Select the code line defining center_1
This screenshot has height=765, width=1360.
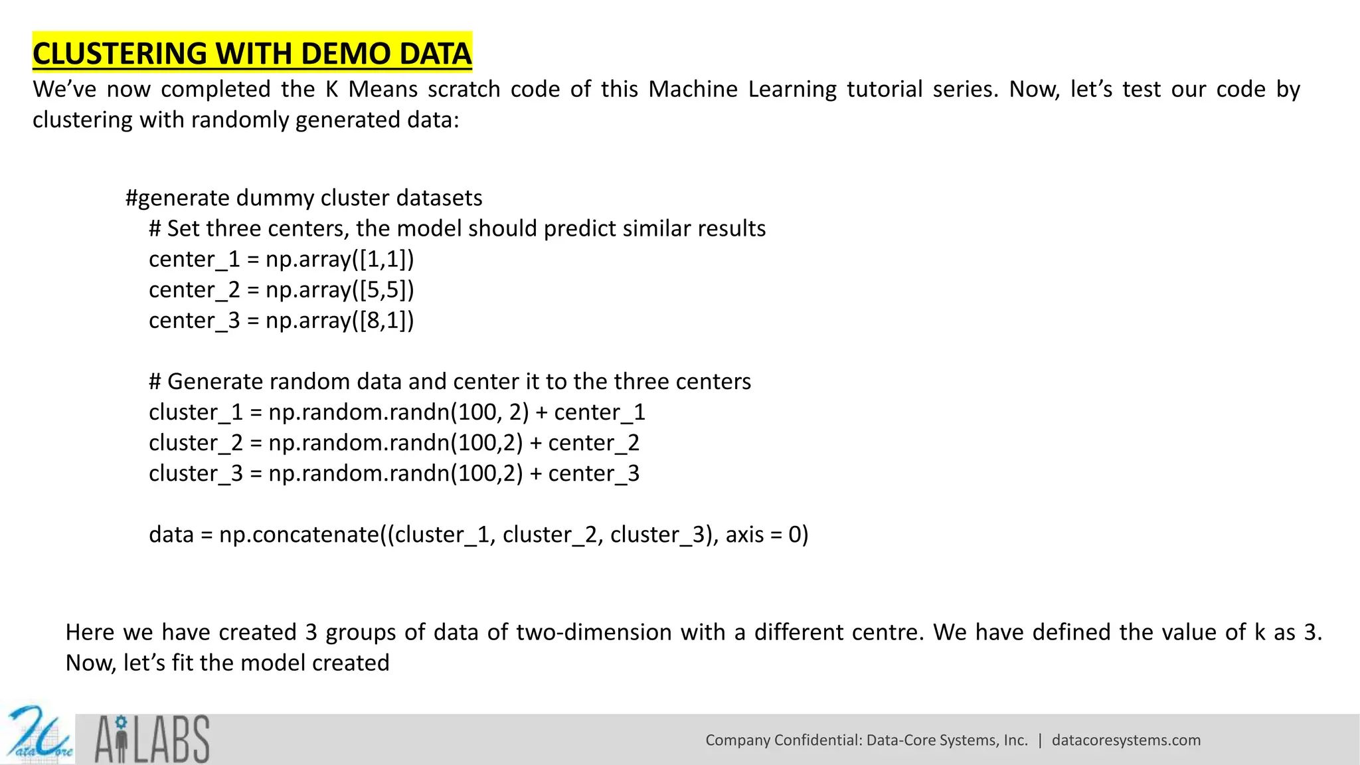click(281, 259)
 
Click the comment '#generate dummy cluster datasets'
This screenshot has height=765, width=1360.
click(303, 198)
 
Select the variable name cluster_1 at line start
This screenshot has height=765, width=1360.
click(196, 412)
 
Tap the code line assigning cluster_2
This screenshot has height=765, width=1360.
click(394, 443)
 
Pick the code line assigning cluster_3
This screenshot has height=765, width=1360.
click(394, 473)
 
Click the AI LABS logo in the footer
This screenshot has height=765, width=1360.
click(152, 739)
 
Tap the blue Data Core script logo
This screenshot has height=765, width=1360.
click(39, 736)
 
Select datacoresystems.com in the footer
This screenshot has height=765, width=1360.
click(1126, 740)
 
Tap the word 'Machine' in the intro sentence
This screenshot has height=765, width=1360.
click(693, 90)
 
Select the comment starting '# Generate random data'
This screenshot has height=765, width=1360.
click(450, 382)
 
